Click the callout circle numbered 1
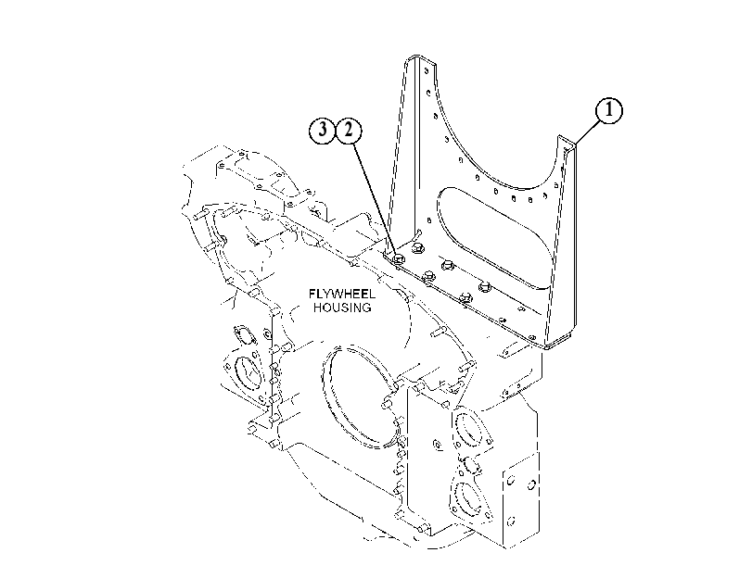(x=609, y=111)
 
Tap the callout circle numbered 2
(x=349, y=130)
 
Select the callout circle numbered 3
(x=322, y=130)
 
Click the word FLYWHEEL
(x=342, y=294)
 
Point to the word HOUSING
(x=342, y=308)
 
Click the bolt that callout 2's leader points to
(x=398, y=259)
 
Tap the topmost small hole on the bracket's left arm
(x=427, y=71)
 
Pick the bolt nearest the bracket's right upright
(x=485, y=286)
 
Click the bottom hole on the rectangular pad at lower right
(x=511, y=520)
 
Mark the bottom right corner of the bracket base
(x=547, y=347)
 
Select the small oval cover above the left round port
(x=243, y=334)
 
